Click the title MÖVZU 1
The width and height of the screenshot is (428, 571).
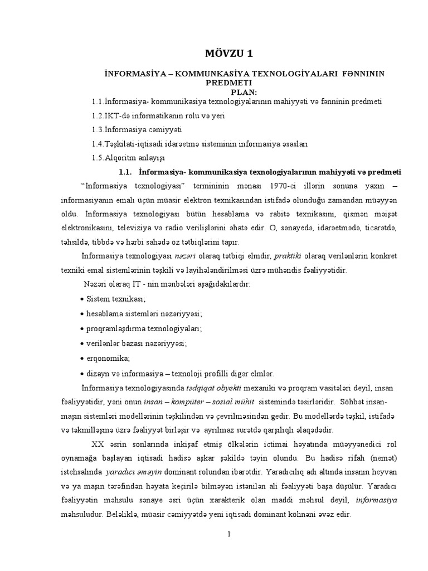[230, 54]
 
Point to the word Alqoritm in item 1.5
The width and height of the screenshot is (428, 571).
[121, 158]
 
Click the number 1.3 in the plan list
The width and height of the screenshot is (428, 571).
[98, 130]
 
